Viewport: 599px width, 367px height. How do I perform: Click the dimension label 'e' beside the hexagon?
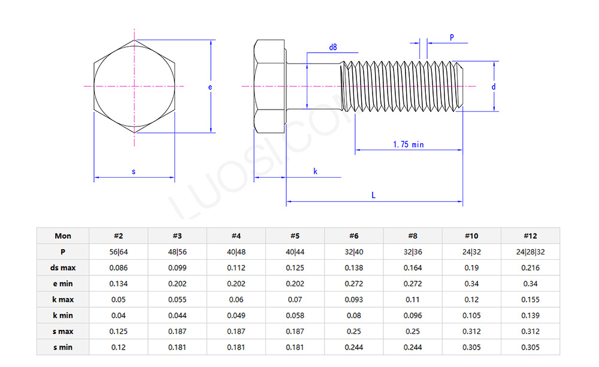(210, 87)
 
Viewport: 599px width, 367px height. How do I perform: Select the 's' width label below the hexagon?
(134, 172)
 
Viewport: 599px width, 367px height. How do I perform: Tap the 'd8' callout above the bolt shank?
(333, 47)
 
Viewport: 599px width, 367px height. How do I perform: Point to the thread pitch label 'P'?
(452, 37)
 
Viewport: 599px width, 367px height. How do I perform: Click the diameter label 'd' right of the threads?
(494, 87)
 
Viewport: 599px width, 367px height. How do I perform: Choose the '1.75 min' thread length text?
(409, 144)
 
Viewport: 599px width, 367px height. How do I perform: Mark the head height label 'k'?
(316, 172)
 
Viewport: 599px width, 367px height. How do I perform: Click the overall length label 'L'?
(374, 195)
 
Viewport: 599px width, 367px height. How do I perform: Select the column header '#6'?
(353, 236)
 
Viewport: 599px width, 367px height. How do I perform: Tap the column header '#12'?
(530, 236)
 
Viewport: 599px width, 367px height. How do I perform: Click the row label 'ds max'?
(63, 268)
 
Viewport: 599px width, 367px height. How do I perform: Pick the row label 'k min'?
(63, 316)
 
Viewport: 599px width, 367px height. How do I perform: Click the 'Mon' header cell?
(63, 236)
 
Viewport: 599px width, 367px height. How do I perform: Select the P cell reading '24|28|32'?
(530, 252)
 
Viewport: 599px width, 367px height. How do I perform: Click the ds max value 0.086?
(119, 268)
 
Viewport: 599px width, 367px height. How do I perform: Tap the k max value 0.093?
(353, 299)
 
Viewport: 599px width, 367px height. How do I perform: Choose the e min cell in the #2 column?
(119, 284)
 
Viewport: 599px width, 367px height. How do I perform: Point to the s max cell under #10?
(471, 331)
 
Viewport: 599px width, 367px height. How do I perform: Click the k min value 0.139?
(530, 316)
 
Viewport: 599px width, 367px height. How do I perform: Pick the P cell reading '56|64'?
(119, 252)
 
